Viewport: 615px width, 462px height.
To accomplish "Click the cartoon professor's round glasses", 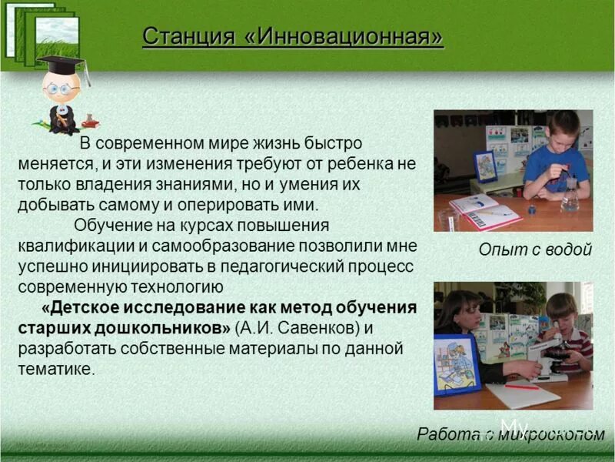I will (x=59, y=89).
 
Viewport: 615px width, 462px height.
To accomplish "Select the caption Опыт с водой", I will (x=535, y=249).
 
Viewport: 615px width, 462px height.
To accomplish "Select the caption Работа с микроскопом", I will (x=510, y=434).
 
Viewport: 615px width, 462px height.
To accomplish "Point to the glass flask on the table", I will (x=570, y=196).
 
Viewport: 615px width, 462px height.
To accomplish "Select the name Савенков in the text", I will (x=314, y=328).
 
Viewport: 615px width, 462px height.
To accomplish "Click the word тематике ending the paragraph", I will (x=55, y=370).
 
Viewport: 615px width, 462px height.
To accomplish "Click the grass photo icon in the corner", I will (x=46, y=31).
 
